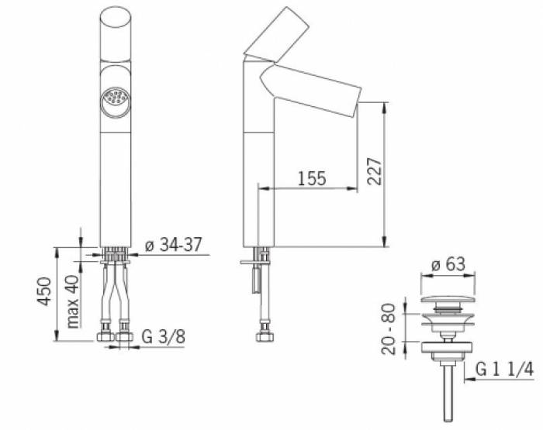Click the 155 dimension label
coord(311,178)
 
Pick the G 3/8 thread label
coord(163,337)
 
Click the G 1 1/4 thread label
coord(503,370)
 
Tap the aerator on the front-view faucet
coord(114,99)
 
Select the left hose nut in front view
coord(104,338)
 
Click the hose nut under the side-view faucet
coord(264,338)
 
